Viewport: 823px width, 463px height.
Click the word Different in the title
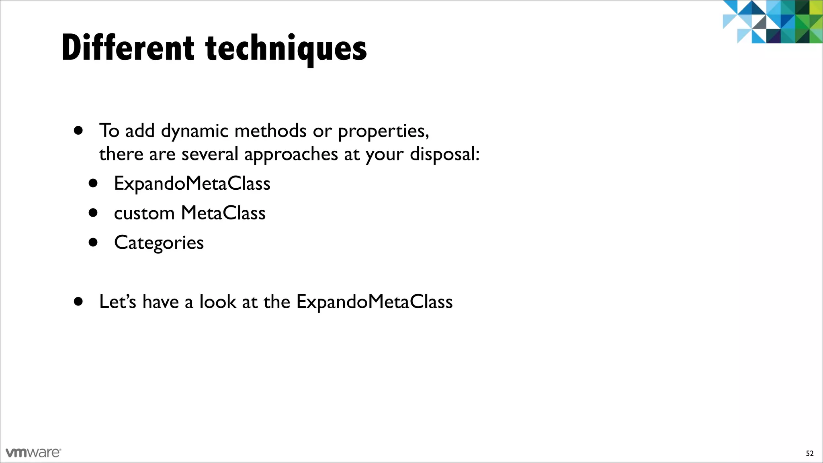[x=128, y=48]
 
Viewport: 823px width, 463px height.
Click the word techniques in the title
[x=286, y=49]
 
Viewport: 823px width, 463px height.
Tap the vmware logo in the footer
[x=33, y=452]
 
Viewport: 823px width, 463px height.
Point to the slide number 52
[x=809, y=453]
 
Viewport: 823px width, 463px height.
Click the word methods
[x=270, y=131]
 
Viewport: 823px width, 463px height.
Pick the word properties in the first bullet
[x=383, y=131]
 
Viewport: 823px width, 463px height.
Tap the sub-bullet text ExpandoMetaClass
[x=192, y=184]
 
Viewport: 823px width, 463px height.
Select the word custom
[x=144, y=213]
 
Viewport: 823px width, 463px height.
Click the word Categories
[x=159, y=243]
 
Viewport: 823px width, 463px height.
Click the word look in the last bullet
[x=217, y=301]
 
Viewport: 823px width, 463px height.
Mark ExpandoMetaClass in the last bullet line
[x=374, y=302]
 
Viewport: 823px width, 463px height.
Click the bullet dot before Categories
[x=93, y=242]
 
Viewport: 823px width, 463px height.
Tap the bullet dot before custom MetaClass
[x=93, y=213]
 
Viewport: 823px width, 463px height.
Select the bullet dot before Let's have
[x=78, y=301]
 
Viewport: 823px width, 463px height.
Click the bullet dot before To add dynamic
[x=78, y=131]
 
